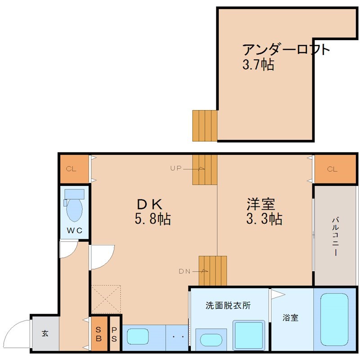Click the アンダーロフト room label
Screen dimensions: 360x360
point(286,49)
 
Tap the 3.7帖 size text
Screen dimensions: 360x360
point(258,64)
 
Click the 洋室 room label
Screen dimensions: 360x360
point(261,204)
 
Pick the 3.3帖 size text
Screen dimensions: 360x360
point(264,220)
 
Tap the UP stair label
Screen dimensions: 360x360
point(175,169)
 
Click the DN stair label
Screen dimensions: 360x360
point(184,271)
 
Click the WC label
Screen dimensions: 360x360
point(75,231)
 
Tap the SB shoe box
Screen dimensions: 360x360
point(99,335)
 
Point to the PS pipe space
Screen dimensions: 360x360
point(114,335)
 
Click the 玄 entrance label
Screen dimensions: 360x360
point(45,333)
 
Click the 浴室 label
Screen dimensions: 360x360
point(290,318)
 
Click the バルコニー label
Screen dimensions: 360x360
point(335,236)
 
